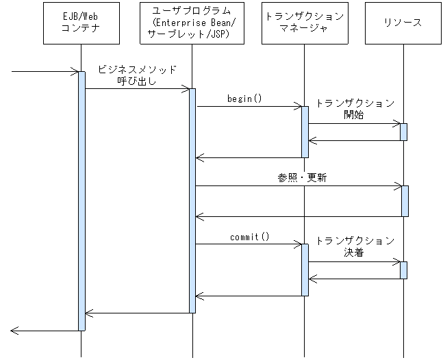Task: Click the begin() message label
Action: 244,99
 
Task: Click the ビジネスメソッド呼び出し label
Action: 137,75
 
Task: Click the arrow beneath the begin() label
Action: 249,106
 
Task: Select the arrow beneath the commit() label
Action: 249,244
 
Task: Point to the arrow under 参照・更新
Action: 298,185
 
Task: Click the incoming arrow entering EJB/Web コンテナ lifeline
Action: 45,70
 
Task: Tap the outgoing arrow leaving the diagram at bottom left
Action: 45,331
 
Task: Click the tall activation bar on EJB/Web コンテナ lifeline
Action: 81,200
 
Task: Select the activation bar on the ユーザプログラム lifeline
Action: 192,200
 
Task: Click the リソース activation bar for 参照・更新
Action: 405,201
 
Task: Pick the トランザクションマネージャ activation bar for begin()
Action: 305,131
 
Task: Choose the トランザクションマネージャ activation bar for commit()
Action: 305,270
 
